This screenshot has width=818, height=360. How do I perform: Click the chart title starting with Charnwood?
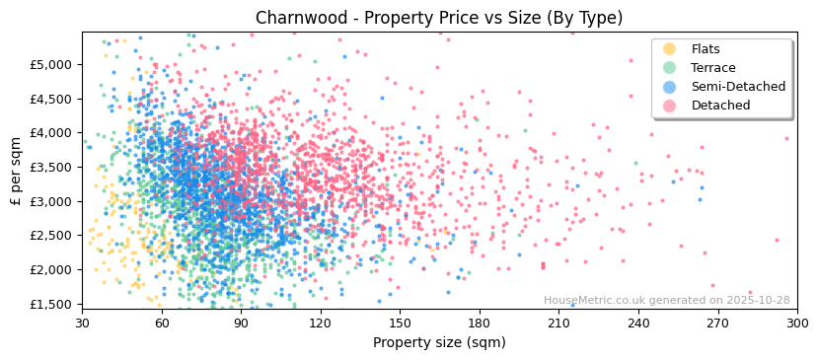point(439,18)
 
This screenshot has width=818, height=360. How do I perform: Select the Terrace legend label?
point(713,68)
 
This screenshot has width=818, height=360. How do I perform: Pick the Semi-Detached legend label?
point(738,87)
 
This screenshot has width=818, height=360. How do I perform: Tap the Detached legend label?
point(720,106)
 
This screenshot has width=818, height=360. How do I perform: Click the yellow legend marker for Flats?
point(670,49)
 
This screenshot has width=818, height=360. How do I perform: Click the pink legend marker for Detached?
point(670,106)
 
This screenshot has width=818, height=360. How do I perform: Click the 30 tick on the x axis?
point(82,324)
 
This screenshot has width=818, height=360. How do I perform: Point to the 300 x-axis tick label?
point(797,324)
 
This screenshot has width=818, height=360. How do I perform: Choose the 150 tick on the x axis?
point(400,324)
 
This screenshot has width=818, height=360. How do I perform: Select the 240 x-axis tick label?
point(638,324)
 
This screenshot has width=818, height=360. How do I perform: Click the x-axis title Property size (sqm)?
point(439,343)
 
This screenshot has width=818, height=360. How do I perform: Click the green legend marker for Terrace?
point(670,68)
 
